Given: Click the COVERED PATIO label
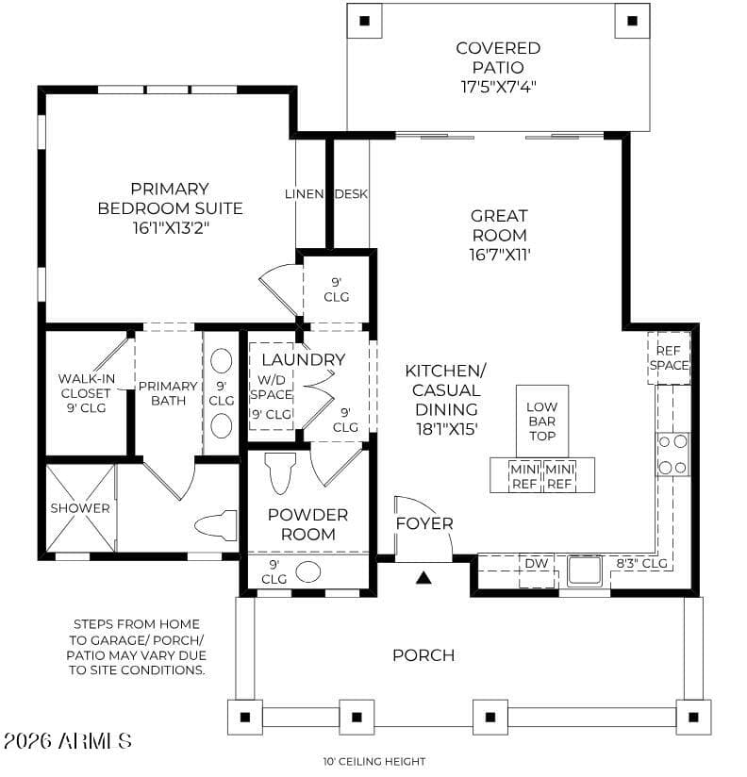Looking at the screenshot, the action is click(x=498, y=58).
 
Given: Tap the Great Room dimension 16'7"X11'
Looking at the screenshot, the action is click(x=500, y=255).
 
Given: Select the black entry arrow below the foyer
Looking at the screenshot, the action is click(x=423, y=577).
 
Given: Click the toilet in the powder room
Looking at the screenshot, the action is click(x=280, y=472).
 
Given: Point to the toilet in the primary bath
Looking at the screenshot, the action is click(x=217, y=525).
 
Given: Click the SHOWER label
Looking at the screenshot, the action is click(x=80, y=508).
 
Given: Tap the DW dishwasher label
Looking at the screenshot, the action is click(x=537, y=564).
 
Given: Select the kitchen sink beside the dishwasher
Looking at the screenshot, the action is click(x=585, y=570).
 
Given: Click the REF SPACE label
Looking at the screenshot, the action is click(x=669, y=357).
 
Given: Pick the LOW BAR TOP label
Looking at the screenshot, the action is click(x=541, y=422).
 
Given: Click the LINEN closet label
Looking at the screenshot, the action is click(x=305, y=193).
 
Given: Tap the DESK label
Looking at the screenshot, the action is click(x=352, y=193).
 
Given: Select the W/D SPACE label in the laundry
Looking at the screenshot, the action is click(x=271, y=387).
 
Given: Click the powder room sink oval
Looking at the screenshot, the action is click(x=308, y=571).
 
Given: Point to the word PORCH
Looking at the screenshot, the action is click(x=423, y=655).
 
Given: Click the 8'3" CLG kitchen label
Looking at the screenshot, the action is click(x=642, y=563).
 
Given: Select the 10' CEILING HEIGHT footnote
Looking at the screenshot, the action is click(x=374, y=761).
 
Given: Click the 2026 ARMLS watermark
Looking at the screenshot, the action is click(x=67, y=741).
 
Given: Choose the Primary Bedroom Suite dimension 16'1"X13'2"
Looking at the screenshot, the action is click(x=171, y=228).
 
